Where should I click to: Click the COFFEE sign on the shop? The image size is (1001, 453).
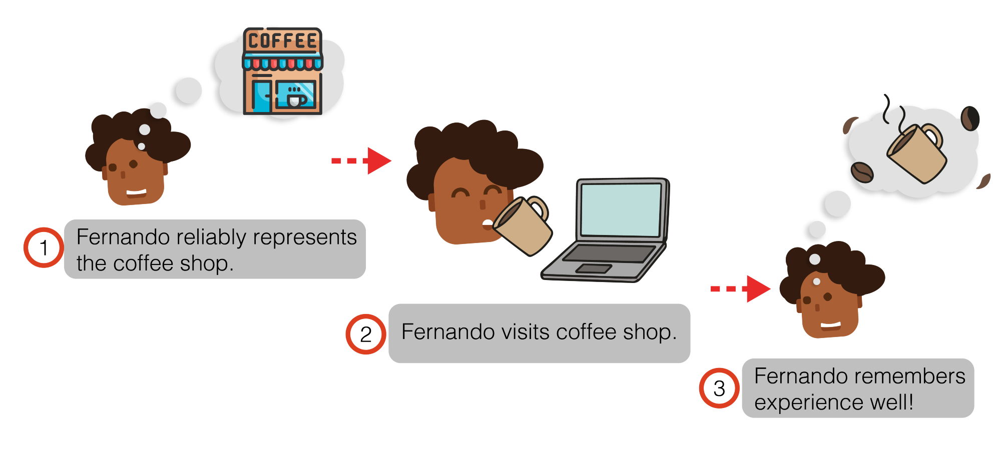click(x=282, y=40)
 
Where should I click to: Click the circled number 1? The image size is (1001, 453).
click(x=44, y=247)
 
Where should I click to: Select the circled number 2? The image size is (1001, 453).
click(x=366, y=334)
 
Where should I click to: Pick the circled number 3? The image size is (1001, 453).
click(x=719, y=388)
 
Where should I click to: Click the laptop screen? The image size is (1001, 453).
click(x=621, y=209)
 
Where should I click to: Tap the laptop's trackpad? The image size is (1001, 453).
click(x=594, y=268)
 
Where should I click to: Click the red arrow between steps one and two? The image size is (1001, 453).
click(x=362, y=160)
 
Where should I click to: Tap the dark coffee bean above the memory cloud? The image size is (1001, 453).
click(x=969, y=118)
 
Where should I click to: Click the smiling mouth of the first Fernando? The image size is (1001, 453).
click(x=136, y=192)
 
